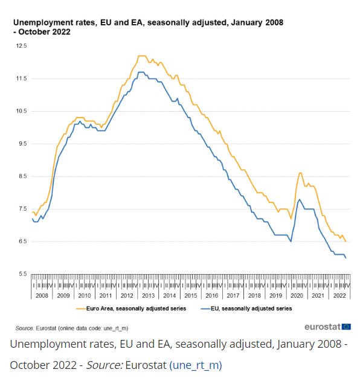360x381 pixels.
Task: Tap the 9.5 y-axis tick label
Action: (x=22, y=144)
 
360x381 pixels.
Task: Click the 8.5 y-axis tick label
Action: (x=22, y=176)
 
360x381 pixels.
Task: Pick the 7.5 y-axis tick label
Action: (x=22, y=209)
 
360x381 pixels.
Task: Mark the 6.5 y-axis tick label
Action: (x=22, y=242)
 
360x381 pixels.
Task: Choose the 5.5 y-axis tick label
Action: (x=22, y=274)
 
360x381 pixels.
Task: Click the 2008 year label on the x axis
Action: (x=42, y=296)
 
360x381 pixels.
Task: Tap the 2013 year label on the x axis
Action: (x=147, y=296)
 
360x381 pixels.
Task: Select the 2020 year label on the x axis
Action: (x=296, y=296)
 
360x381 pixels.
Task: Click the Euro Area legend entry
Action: (x=131, y=308)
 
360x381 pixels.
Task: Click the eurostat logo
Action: (x=328, y=327)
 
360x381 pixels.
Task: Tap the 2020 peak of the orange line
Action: (x=300, y=173)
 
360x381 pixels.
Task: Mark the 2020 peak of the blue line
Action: (x=300, y=199)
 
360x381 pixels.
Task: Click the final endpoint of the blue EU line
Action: (x=346, y=258)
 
